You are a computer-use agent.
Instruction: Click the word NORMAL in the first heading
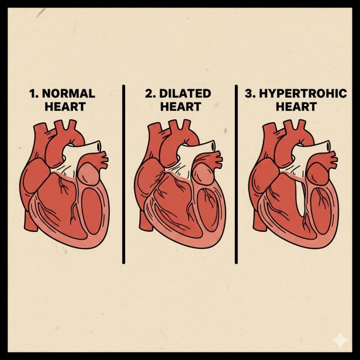[x=68, y=93]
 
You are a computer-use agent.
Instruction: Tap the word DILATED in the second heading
[x=185, y=93]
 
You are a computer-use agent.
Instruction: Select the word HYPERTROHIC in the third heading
[x=303, y=93]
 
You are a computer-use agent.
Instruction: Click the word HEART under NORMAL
[x=65, y=107]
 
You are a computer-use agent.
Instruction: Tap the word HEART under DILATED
[x=180, y=107]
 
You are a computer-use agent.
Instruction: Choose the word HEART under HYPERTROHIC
[x=296, y=107]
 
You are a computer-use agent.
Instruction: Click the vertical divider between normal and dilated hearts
[x=124, y=174]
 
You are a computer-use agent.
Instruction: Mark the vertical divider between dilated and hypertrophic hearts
[x=236, y=174]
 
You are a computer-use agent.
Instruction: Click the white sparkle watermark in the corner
[x=340, y=340]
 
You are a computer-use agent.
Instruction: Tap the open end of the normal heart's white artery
[x=99, y=146]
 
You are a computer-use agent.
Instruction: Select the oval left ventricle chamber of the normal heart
[x=92, y=211]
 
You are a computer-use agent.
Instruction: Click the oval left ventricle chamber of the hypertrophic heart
[x=321, y=211]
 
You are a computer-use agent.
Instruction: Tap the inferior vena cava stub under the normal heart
[x=30, y=220]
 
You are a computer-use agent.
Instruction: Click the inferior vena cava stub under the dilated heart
[x=145, y=220]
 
